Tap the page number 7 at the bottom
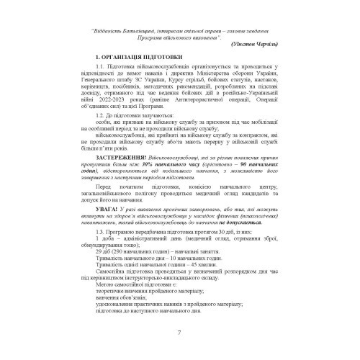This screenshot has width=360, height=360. coord(179,331)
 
